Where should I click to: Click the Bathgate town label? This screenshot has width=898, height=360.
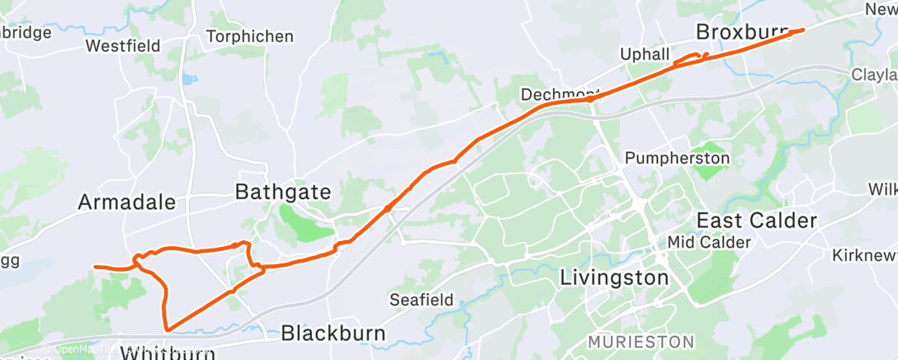coord(283,192)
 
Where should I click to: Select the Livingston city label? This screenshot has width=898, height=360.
coord(614,277)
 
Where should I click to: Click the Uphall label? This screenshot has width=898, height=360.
coord(645,54)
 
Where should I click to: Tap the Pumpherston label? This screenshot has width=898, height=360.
coord(677,158)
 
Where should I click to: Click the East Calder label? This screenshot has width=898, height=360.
coord(757,220)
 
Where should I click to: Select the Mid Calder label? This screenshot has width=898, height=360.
coord(697,243)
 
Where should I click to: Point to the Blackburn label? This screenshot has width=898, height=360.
coord(333,333)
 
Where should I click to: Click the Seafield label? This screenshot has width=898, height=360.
coord(421,300)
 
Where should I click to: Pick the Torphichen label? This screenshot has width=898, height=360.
coord(249,36)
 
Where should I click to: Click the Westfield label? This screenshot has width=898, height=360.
coord(123,46)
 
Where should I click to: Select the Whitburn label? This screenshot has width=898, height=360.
coord(168,353)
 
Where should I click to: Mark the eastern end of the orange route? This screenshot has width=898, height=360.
coord(803,30)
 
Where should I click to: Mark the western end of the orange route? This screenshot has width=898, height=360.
coord(95,267)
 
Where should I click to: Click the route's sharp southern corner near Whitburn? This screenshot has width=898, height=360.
coord(168,329)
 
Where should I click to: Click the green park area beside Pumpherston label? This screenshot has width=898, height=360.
coord(708,173)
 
